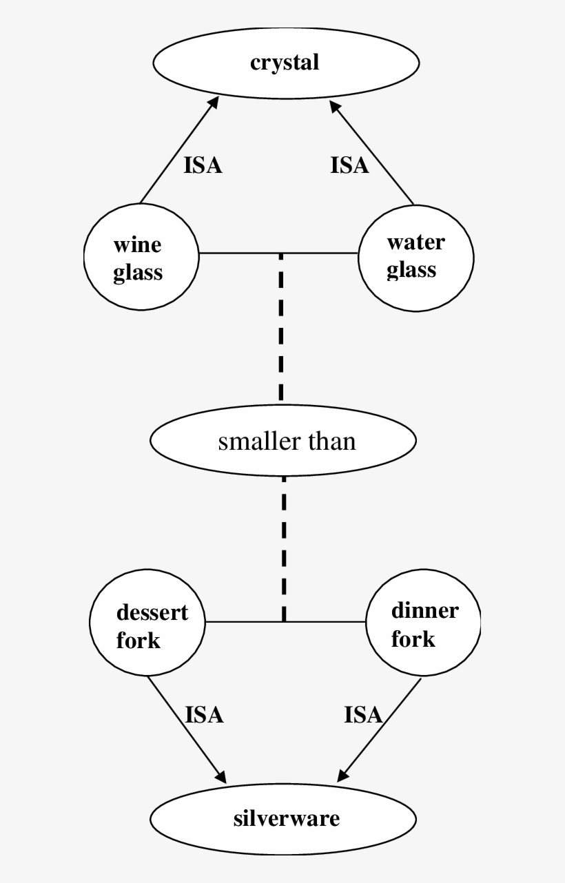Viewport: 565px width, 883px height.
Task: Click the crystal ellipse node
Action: (286, 63)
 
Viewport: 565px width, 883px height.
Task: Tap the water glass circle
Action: (415, 256)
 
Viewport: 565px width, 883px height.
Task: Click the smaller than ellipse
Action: (283, 440)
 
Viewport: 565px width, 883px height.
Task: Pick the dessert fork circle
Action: (147, 625)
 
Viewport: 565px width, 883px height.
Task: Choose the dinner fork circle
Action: (423, 625)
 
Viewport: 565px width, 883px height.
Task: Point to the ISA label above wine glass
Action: (203, 166)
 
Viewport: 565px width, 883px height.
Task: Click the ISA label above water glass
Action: (349, 166)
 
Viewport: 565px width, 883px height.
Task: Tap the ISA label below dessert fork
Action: (204, 715)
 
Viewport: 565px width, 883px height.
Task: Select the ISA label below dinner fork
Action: (363, 716)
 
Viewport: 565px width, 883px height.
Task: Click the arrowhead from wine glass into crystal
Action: (214, 102)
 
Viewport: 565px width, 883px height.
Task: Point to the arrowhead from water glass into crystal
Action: (336, 107)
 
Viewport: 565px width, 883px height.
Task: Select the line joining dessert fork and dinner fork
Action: (241, 622)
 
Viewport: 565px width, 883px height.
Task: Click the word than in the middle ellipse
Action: (332, 441)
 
